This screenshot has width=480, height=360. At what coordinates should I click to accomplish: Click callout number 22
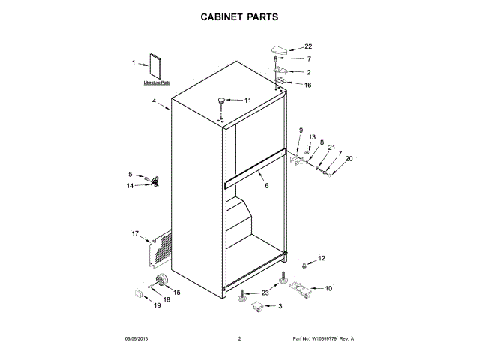pyautogui.click(x=307, y=46)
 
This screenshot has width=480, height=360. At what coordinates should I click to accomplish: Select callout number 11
pyautogui.click(x=248, y=100)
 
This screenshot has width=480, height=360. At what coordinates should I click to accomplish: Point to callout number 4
pyautogui.click(x=154, y=101)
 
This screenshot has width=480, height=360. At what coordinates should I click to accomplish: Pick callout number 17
pyautogui.click(x=136, y=234)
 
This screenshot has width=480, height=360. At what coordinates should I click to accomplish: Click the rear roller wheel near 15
pyautogui.click(x=160, y=281)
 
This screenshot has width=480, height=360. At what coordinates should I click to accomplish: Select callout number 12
pyautogui.click(x=322, y=258)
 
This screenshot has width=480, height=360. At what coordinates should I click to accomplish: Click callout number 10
pyautogui.click(x=328, y=288)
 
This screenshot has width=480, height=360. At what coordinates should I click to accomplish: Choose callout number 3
pyautogui.click(x=280, y=306)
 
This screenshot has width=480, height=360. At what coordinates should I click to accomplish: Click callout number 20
pyautogui.click(x=348, y=158)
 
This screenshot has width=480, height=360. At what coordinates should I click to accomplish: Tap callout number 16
pyautogui.click(x=307, y=85)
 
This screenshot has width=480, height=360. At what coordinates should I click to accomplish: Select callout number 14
pyautogui.click(x=130, y=185)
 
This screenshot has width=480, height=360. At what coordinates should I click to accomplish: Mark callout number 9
pyautogui.click(x=301, y=130)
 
